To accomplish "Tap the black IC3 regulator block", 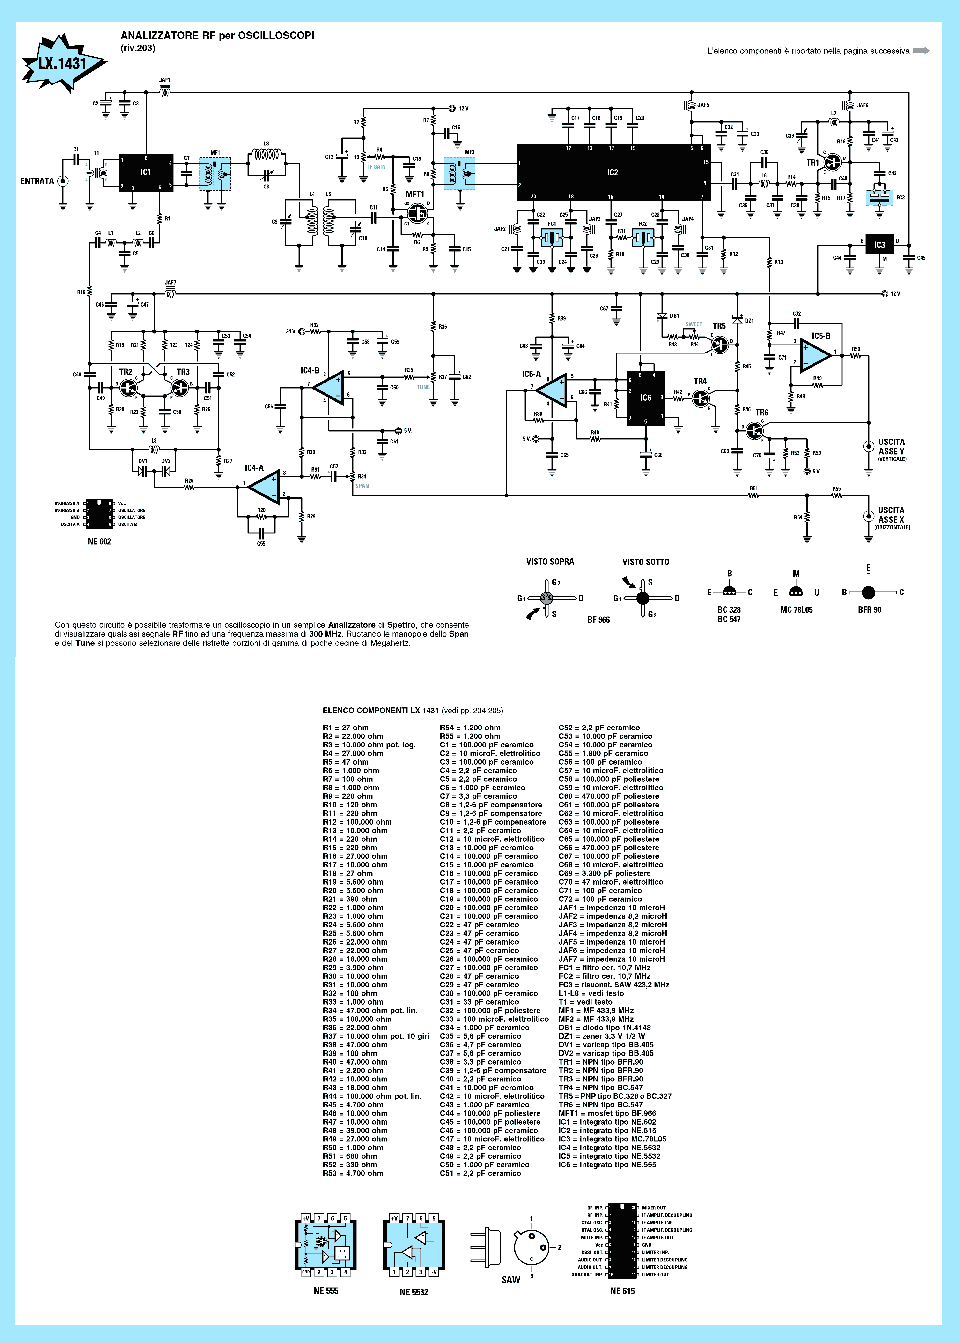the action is (x=879, y=244).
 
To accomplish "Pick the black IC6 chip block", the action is (x=645, y=398).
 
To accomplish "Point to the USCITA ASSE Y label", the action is (x=891, y=450).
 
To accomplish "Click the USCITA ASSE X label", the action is (x=891, y=518).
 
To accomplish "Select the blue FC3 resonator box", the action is (x=880, y=197).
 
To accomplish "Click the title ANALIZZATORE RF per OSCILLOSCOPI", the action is (x=218, y=36).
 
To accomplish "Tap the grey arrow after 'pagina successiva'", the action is (x=921, y=51).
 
